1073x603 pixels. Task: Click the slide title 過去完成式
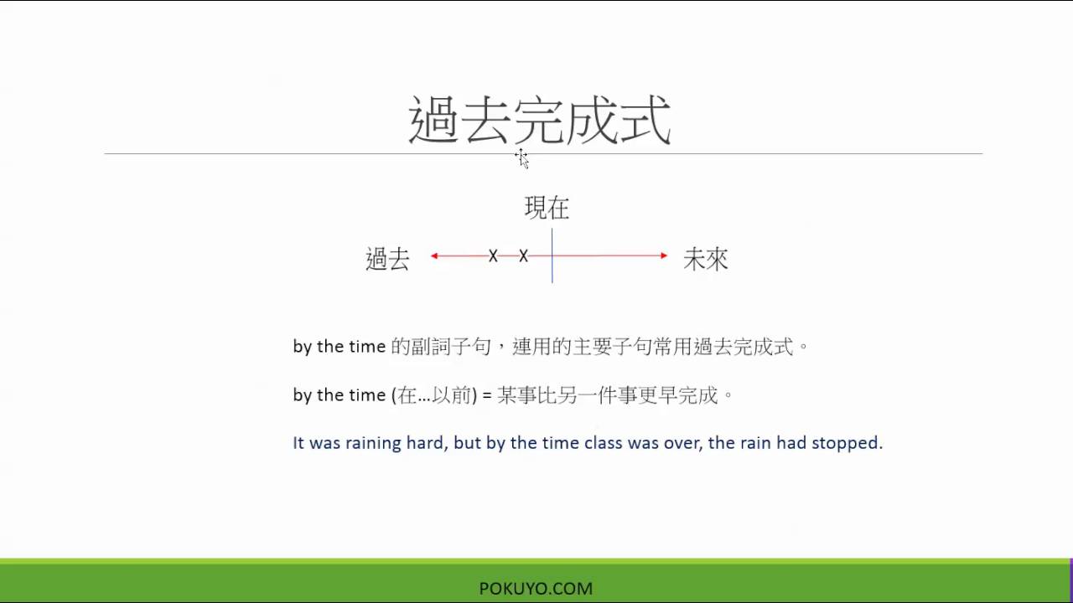pyautogui.click(x=539, y=121)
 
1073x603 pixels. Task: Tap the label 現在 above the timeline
pyautogui.click(x=547, y=208)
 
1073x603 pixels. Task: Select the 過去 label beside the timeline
pyautogui.click(x=387, y=259)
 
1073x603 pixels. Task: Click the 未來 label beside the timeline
pyautogui.click(x=705, y=259)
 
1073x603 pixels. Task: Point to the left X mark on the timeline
pyautogui.click(x=493, y=255)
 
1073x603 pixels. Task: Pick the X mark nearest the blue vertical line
pyautogui.click(x=523, y=255)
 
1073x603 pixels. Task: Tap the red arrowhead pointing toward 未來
pyautogui.click(x=663, y=255)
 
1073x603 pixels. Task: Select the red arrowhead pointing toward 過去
pyautogui.click(x=435, y=255)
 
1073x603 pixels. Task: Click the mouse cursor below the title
pyautogui.click(x=521, y=157)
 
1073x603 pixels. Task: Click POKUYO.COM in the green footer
pyautogui.click(x=536, y=589)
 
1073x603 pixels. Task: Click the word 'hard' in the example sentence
pyautogui.click(x=424, y=443)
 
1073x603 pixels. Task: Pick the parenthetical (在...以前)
pyautogui.click(x=433, y=395)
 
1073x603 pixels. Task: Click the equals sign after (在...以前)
pyautogui.click(x=486, y=395)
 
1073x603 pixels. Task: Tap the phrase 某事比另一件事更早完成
pyautogui.click(x=608, y=395)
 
